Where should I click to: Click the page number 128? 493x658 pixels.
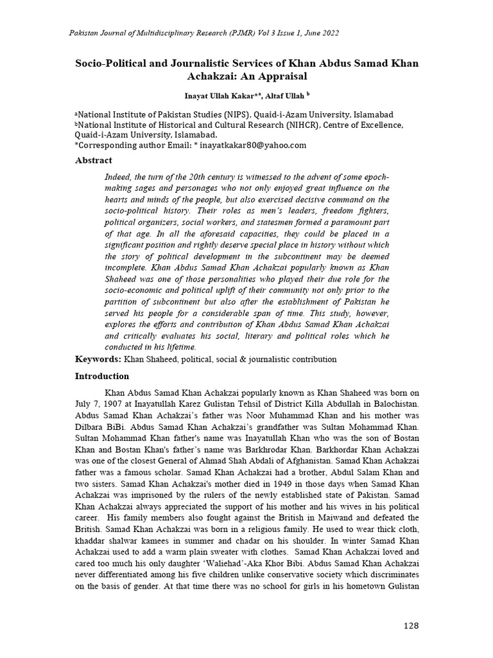click(x=411, y=627)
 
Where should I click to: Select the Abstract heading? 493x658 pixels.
click(x=94, y=160)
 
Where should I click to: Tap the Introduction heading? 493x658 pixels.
click(x=102, y=376)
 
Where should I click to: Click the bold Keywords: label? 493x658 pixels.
click(x=98, y=359)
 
